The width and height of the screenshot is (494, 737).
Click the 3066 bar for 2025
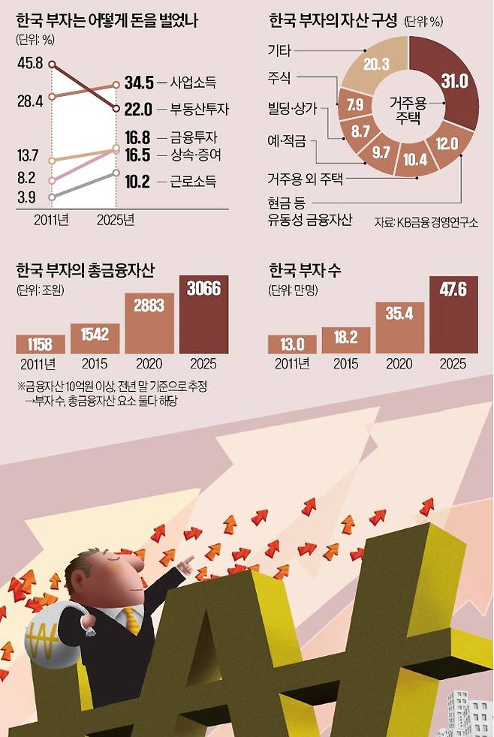pos(204,314)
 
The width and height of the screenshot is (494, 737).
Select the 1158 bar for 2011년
pos(41,344)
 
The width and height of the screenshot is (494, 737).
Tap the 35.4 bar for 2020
pos(399,328)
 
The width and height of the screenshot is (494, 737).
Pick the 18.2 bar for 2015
pos(346,340)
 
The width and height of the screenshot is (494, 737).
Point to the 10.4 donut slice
pos(414,159)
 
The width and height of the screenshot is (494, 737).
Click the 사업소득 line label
pos(193,83)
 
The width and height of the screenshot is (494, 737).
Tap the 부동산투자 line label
pos(199,110)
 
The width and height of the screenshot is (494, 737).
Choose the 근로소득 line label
pos(193,182)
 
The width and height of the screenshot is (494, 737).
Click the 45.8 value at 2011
pos(30,63)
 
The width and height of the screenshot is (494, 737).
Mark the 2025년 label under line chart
pos(116,220)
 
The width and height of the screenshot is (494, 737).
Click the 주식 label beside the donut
pos(279,77)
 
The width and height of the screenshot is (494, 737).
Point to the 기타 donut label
pos(279,50)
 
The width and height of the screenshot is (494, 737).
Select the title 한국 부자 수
pos(305,270)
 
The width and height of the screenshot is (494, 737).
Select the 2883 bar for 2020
pos(149,323)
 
